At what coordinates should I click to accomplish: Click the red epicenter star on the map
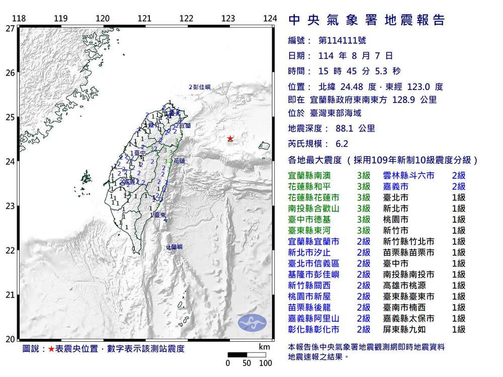tap(230, 139)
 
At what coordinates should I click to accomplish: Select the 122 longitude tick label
tap(187, 19)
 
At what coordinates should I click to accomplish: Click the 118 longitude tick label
tap(19, 19)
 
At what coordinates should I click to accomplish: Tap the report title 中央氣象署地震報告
tap(367, 20)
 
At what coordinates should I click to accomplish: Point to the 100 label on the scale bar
tap(266, 363)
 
